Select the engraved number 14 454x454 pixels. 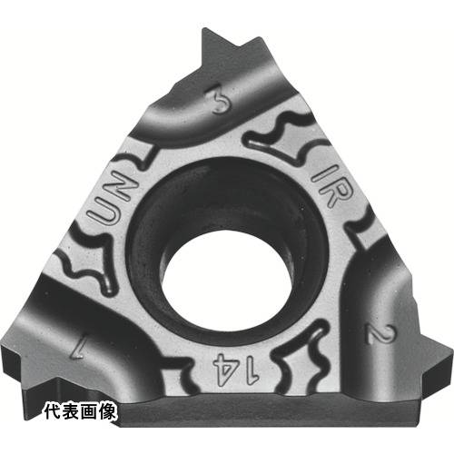click(x=237, y=369)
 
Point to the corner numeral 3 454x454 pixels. click(x=219, y=103)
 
